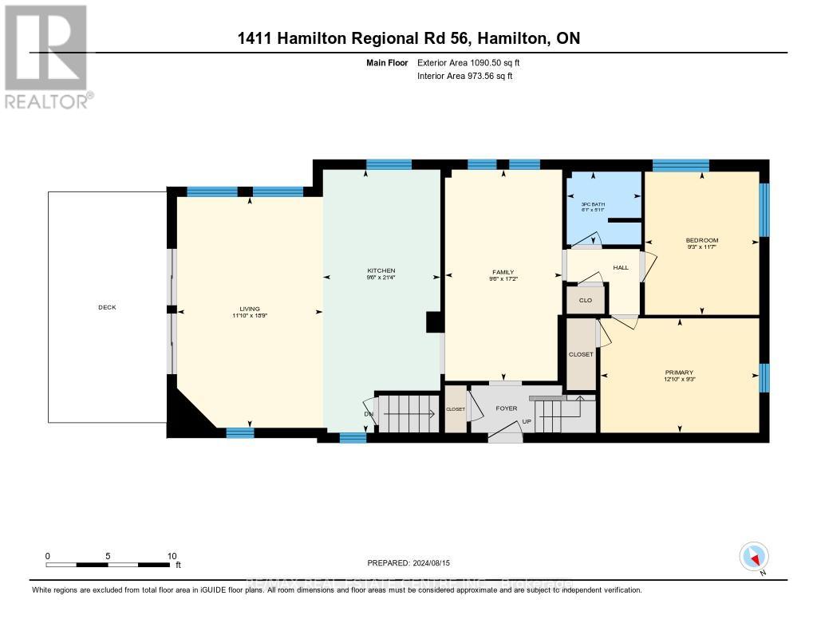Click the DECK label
coord(107,307)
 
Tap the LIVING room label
coord(250,310)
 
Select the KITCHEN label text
coord(381,270)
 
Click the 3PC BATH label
coord(592,204)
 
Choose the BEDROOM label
coord(702,240)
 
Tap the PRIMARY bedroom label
coord(679,373)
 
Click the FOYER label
coord(507,408)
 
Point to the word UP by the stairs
coord(526,421)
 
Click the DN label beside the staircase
coord(367,413)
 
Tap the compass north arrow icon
coord(753,557)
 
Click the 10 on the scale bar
coord(172,556)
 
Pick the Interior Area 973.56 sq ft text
coord(465,77)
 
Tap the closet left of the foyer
coord(456,408)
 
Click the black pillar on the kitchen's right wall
coord(434,321)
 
